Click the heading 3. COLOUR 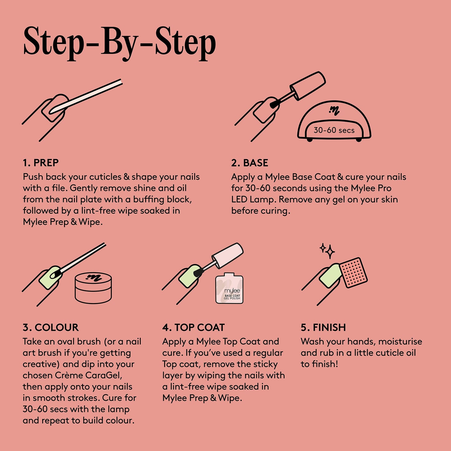click(51, 327)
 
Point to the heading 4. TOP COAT click(194, 327)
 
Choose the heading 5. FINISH click(323, 327)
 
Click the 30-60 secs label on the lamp click(334, 130)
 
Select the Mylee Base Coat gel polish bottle click(229, 288)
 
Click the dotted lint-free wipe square click(353, 273)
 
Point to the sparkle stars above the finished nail click(327, 251)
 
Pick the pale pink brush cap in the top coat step click(228, 256)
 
